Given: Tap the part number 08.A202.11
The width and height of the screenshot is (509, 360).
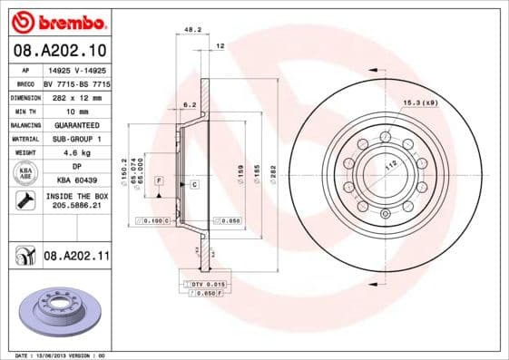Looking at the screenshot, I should (76, 257).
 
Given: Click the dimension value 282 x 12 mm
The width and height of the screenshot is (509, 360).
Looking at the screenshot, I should (76, 97).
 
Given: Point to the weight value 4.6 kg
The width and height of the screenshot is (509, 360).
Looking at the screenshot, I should (76, 153).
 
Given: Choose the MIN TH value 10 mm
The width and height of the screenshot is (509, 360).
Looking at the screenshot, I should (76, 111).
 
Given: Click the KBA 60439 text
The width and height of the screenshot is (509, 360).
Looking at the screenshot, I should (76, 181).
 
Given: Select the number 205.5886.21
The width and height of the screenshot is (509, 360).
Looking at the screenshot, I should (76, 206).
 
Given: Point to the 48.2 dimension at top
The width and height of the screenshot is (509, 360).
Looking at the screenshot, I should (191, 29).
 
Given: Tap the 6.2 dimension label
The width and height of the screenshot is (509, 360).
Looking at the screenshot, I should (190, 106).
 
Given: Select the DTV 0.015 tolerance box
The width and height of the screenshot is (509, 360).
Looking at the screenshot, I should (195, 285).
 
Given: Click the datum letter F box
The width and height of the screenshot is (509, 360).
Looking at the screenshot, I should (159, 182).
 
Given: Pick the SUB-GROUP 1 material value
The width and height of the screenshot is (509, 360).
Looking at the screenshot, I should (76, 139).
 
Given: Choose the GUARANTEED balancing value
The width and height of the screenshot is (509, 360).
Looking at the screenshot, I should (76, 125).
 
